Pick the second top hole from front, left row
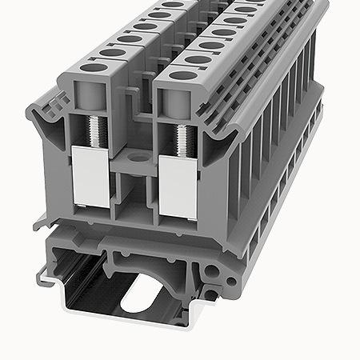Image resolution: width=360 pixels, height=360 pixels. pos(107,54)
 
